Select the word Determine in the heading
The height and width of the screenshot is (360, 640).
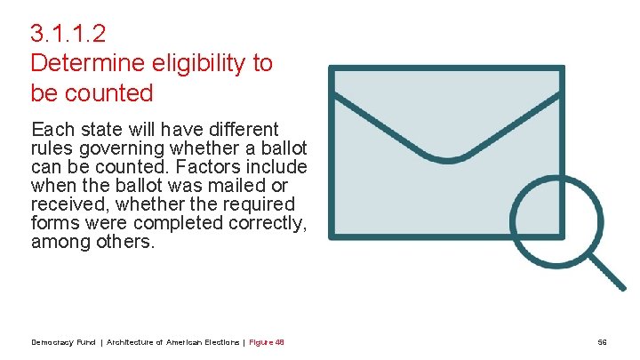tap(79, 63)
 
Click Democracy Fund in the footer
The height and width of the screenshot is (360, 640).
tap(64, 342)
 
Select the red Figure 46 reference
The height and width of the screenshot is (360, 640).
tap(267, 342)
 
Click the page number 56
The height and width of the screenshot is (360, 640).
tap(602, 342)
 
